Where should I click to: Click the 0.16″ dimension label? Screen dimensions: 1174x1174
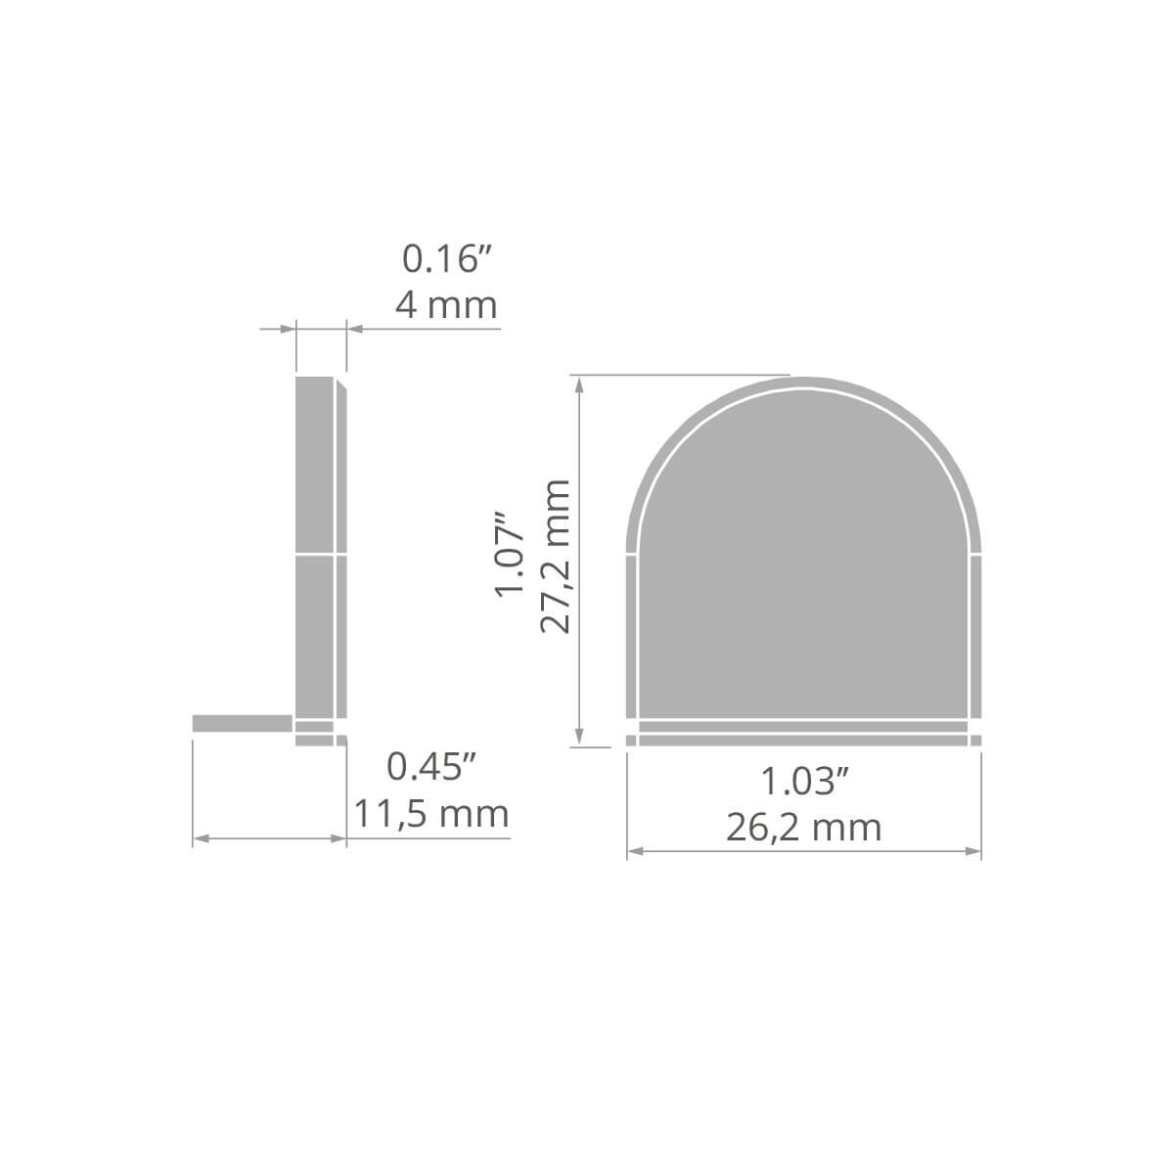coord(446,258)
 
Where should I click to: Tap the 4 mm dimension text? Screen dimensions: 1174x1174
coord(446,305)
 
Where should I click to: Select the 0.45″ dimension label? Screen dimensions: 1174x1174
coord(431,766)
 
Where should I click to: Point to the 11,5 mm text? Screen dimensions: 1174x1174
coord(431,814)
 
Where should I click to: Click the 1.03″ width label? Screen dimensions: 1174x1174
coord(805,781)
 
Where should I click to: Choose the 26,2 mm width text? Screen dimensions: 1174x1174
coord(804,828)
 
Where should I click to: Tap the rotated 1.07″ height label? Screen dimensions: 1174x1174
coord(510,555)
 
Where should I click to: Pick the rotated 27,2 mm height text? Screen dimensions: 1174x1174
coord(555,557)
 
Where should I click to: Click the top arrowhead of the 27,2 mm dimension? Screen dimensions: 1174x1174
coord(579,384)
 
